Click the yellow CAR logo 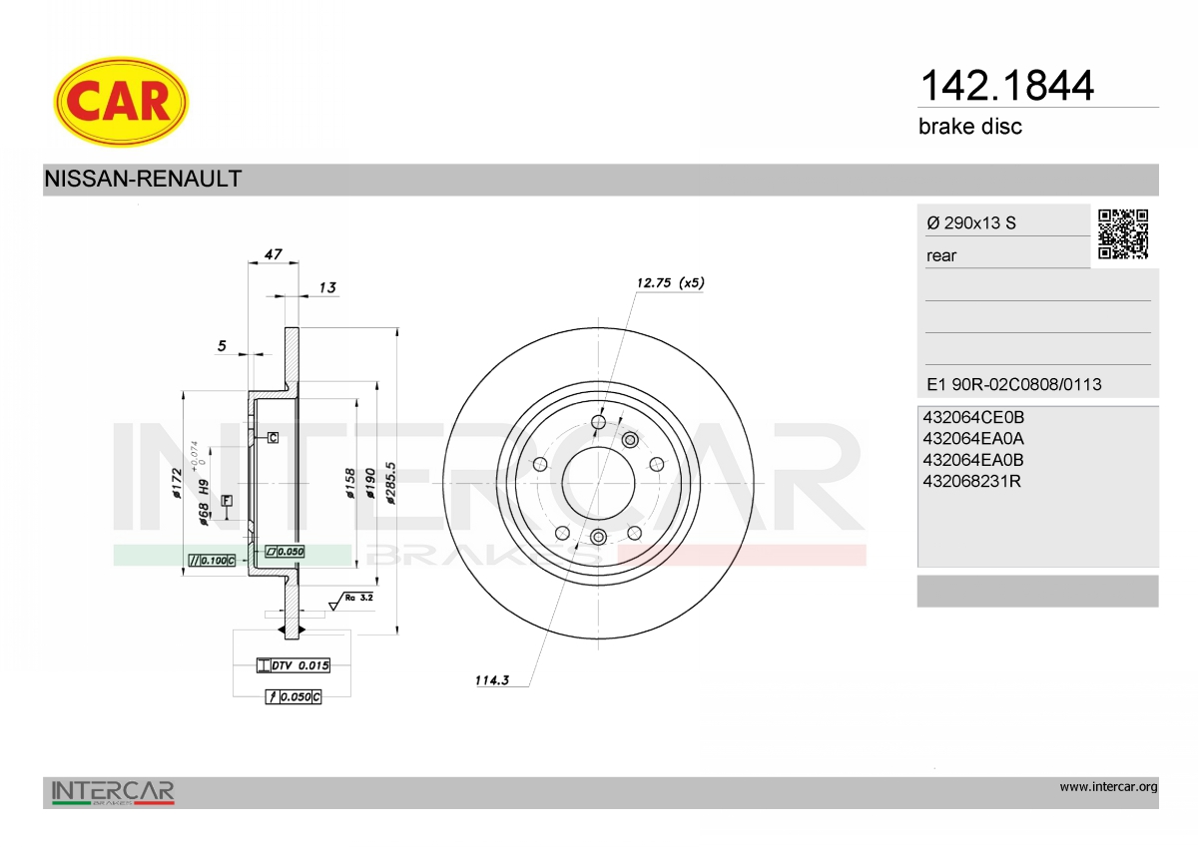click(x=121, y=102)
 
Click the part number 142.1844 click(x=1006, y=86)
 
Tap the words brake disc click(x=970, y=127)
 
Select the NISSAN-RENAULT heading click(x=143, y=179)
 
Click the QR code click(x=1123, y=234)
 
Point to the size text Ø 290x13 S click(x=971, y=222)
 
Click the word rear click(x=941, y=256)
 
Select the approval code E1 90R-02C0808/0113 click(x=1014, y=384)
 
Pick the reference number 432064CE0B click(x=973, y=417)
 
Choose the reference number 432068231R click(x=971, y=482)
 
